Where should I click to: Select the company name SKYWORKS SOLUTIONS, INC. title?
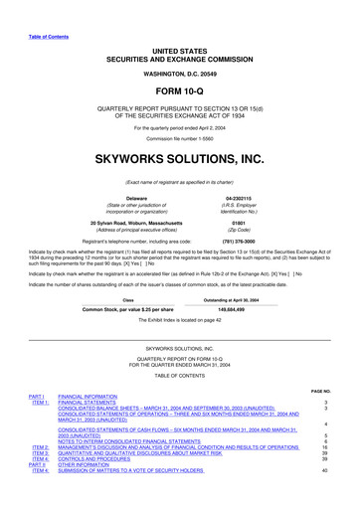click(x=179, y=156)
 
